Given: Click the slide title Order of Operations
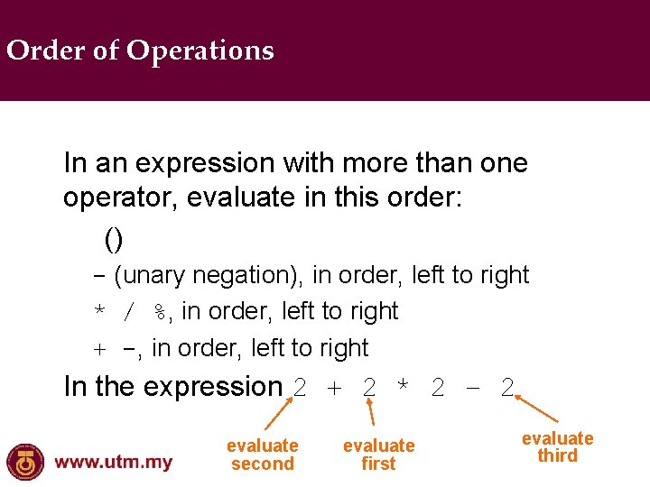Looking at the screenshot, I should pos(140,51).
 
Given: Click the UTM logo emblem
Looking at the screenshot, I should pos(24,462).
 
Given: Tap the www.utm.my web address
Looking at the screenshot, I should pos(114,463).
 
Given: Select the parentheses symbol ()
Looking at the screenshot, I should pos(114,238).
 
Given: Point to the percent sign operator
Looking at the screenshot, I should pos(160,312).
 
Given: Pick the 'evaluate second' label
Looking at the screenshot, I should pos(262,455).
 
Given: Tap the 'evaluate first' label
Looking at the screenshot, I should pos(378,455).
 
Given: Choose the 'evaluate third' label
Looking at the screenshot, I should pos(557,446).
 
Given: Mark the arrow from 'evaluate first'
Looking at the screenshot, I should pos(373,412).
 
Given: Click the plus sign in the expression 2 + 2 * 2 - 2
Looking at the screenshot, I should pos(334,388).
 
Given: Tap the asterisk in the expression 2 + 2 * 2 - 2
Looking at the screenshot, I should pos(403,388).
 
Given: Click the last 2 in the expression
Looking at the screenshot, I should pos(507,388).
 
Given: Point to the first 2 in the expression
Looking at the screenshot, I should pos(301,388).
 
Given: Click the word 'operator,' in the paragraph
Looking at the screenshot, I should pos(120,198).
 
